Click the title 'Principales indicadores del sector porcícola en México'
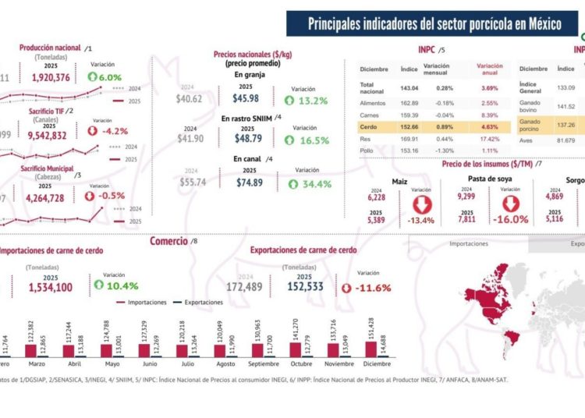click(x=434, y=24)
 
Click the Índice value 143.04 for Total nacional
click(x=409, y=88)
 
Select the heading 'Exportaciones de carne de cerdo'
click(x=303, y=250)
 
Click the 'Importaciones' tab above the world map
click(x=469, y=243)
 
